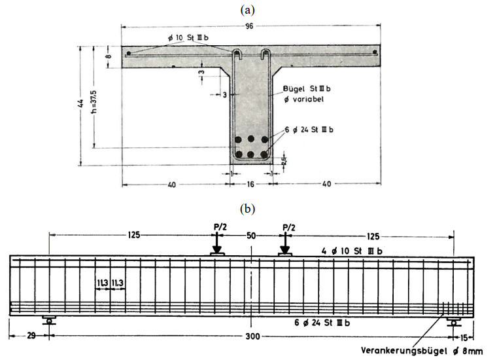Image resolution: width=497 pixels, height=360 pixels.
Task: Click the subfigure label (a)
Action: tap(248, 9)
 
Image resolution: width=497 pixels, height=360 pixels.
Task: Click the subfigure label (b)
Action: tap(248, 209)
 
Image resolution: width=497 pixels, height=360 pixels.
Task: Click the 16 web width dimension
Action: tap(251, 185)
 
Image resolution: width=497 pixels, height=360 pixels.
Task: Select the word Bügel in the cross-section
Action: tap(294, 87)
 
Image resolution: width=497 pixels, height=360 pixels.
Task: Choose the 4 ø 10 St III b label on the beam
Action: tap(353, 250)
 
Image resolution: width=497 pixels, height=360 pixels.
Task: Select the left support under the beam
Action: tap(49, 320)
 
